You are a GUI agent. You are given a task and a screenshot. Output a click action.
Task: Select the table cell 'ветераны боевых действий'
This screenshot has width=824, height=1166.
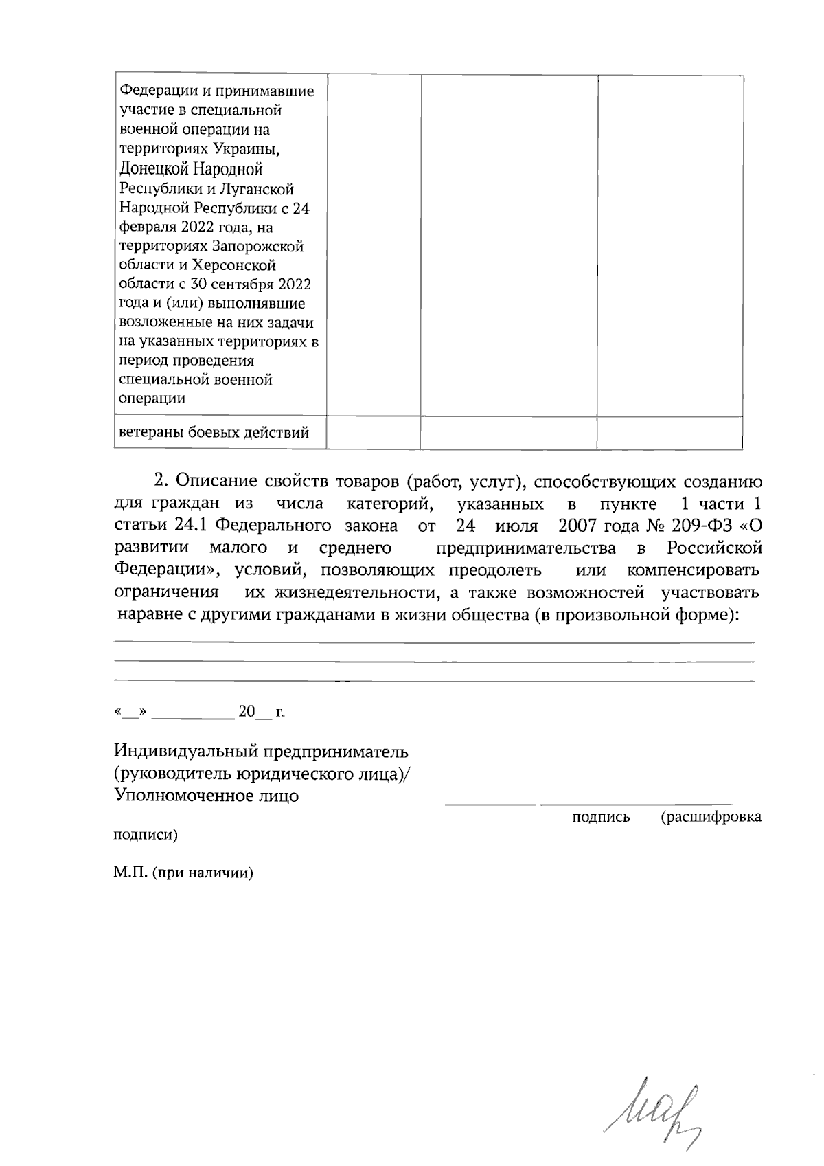point(214,433)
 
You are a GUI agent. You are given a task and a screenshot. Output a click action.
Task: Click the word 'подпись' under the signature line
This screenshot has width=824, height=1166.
point(601,817)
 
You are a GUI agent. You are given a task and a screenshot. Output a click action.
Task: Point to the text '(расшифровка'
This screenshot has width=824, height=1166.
point(711,817)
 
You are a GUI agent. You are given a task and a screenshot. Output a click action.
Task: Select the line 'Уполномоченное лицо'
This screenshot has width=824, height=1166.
point(206,796)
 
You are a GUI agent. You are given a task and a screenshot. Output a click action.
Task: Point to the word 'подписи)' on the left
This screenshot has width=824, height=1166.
point(145,836)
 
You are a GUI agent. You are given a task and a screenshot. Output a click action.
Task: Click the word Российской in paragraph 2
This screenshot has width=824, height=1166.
point(714,548)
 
